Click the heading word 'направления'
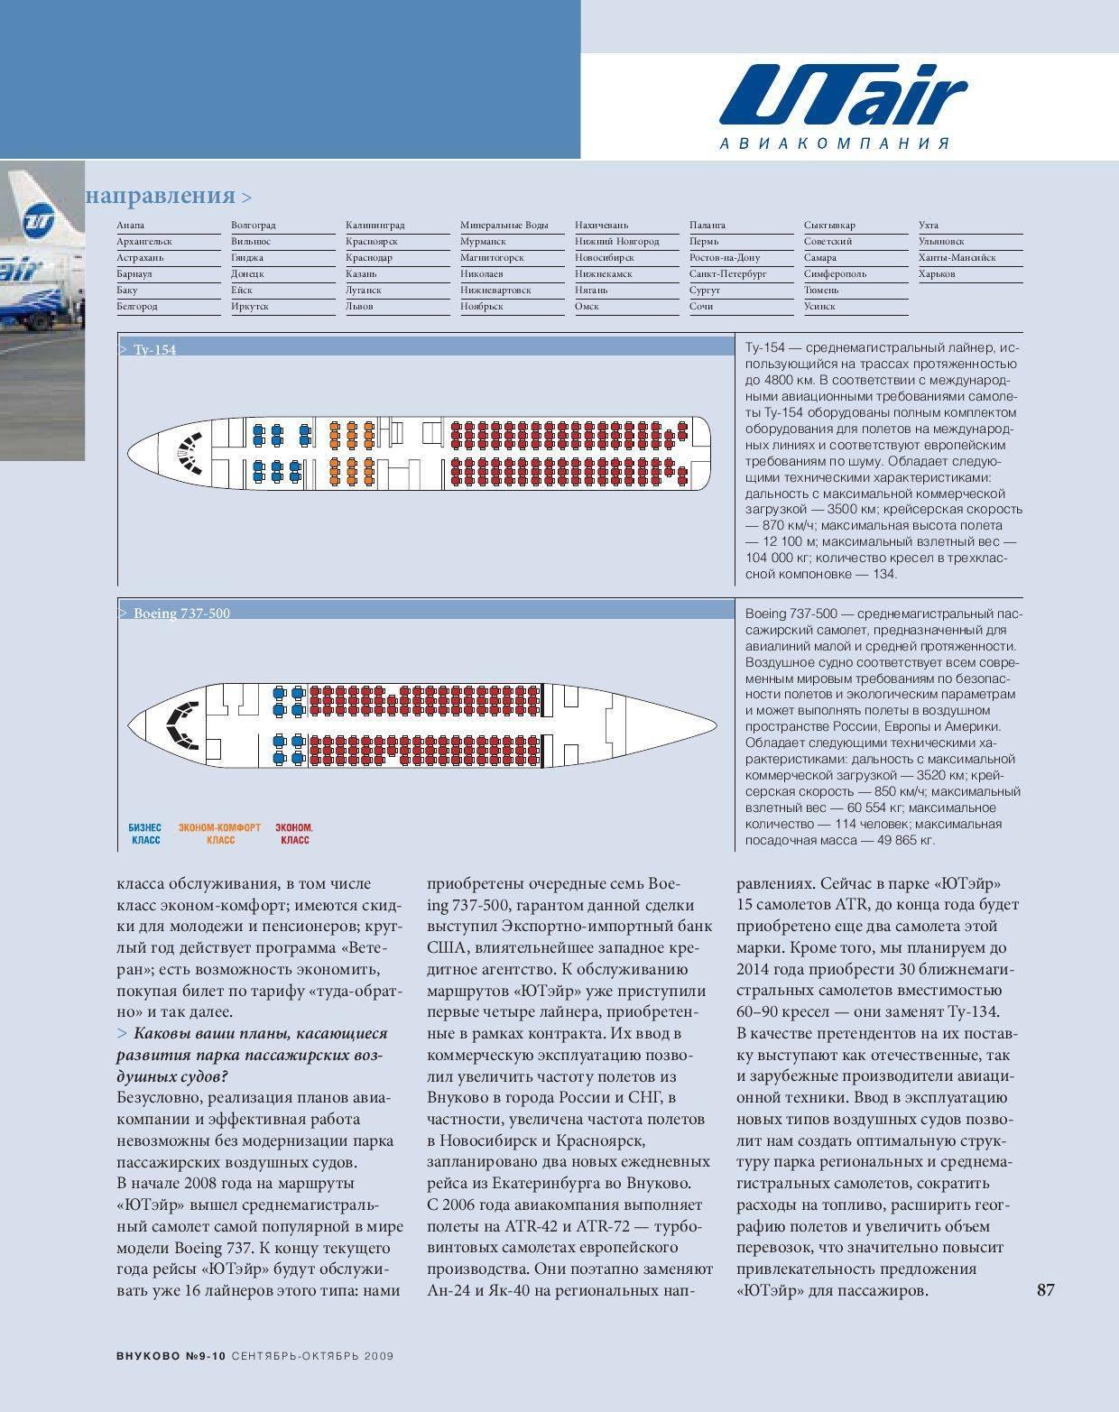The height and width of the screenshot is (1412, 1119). point(161,196)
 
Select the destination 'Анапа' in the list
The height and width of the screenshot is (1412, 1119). point(131,225)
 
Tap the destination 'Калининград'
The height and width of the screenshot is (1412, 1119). point(375,225)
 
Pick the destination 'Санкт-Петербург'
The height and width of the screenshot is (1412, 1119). point(727,273)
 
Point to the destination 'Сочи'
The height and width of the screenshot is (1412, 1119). point(701,306)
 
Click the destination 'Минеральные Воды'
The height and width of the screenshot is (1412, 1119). point(504,225)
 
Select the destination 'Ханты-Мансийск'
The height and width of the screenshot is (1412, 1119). point(957,257)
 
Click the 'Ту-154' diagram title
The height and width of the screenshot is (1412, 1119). point(154,349)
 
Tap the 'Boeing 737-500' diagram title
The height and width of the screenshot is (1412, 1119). point(181,614)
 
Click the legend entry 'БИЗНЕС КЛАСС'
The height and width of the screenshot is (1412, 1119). point(145,834)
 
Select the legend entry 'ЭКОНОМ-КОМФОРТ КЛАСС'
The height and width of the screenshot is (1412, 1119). point(219,834)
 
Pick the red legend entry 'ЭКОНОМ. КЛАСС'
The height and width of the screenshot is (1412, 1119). point(294,834)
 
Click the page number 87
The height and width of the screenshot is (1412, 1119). point(1045,1289)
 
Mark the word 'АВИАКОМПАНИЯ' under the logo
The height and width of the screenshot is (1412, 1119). point(835,143)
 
